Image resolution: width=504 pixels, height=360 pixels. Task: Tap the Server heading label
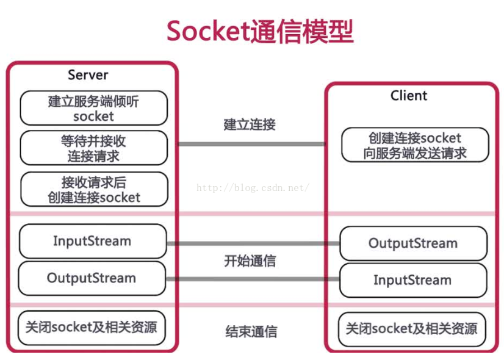pyautogui.click(x=88, y=75)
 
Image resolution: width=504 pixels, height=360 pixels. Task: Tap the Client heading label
pyautogui.click(x=408, y=96)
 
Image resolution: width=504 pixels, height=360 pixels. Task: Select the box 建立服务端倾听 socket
pyautogui.click(x=93, y=108)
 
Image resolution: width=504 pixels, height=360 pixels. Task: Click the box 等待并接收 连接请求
pyautogui.click(x=93, y=148)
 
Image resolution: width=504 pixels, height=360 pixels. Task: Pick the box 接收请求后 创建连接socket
pyautogui.click(x=93, y=189)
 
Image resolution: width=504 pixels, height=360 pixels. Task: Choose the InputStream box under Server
pyautogui.click(x=92, y=241)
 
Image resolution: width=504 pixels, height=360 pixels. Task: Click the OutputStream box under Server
pyautogui.click(x=92, y=278)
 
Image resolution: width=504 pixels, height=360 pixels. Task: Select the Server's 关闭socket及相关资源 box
pyautogui.click(x=92, y=327)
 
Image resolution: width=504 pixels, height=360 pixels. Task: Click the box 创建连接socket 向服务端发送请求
pyautogui.click(x=414, y=145)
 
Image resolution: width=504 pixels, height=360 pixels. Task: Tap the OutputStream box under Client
pyautogui.click(x=413, y=243)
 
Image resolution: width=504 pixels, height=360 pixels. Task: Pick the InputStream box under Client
pyautogui.click(x=413, y=280)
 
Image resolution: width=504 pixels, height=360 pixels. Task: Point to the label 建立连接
pyautogui.click(x=250, y=124)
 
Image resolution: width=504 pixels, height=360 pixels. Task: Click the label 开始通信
pyautogui.click(x=250, y=261)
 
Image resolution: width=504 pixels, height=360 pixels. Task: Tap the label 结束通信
pyautogui.click(x=251, y=332)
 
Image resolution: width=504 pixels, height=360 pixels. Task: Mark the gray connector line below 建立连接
pyautogui.click(x=251, y=145)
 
